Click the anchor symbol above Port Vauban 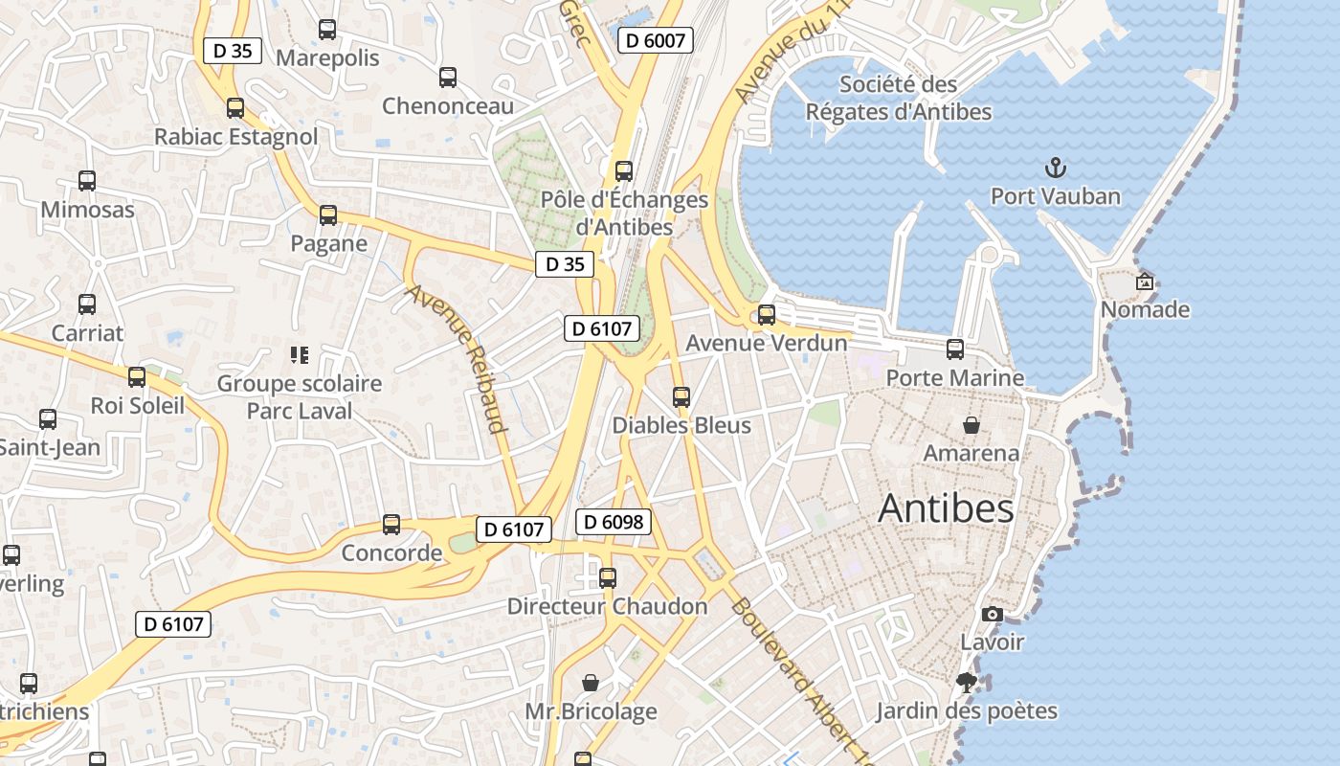[1055, 169]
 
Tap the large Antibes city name [946, 508]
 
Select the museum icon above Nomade [1144, 282]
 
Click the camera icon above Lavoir [993, 614]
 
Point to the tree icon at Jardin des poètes [967, 683]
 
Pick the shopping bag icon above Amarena [971, 425]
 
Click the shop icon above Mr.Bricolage [592, 684]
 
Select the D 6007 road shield [656, 40]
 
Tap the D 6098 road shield [614, 522]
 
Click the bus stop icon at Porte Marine [955, 349]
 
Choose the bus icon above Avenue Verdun [767, 314]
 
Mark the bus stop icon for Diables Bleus [681, 396]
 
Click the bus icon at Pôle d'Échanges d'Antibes [624, 171]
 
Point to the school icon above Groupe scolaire [299, 355]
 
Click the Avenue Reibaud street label [458, 358]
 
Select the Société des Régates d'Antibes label [898, 99]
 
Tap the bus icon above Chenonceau [448, 78]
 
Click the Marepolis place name [327, 58]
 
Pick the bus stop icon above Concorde [391, 525]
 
